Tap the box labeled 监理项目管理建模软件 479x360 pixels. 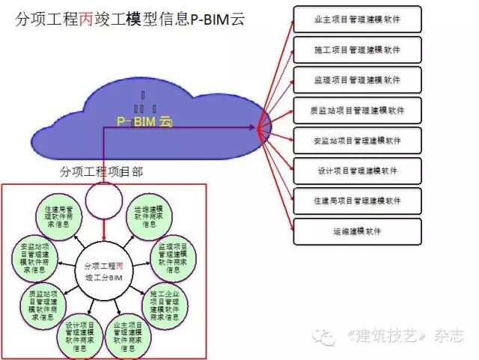(356, 79)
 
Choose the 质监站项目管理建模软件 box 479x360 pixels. (356, 110)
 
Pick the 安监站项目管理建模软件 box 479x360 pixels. (356, 140)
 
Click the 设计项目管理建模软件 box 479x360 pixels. (356, 171)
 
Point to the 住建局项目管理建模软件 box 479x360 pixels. (356, 201)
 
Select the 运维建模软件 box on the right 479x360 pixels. (356, 231)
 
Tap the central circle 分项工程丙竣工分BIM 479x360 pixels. (105, 270)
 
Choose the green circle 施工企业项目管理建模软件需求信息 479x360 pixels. (167, 302)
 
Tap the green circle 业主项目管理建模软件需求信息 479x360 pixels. (128, 336)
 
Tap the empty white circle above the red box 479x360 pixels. (103, 198)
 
